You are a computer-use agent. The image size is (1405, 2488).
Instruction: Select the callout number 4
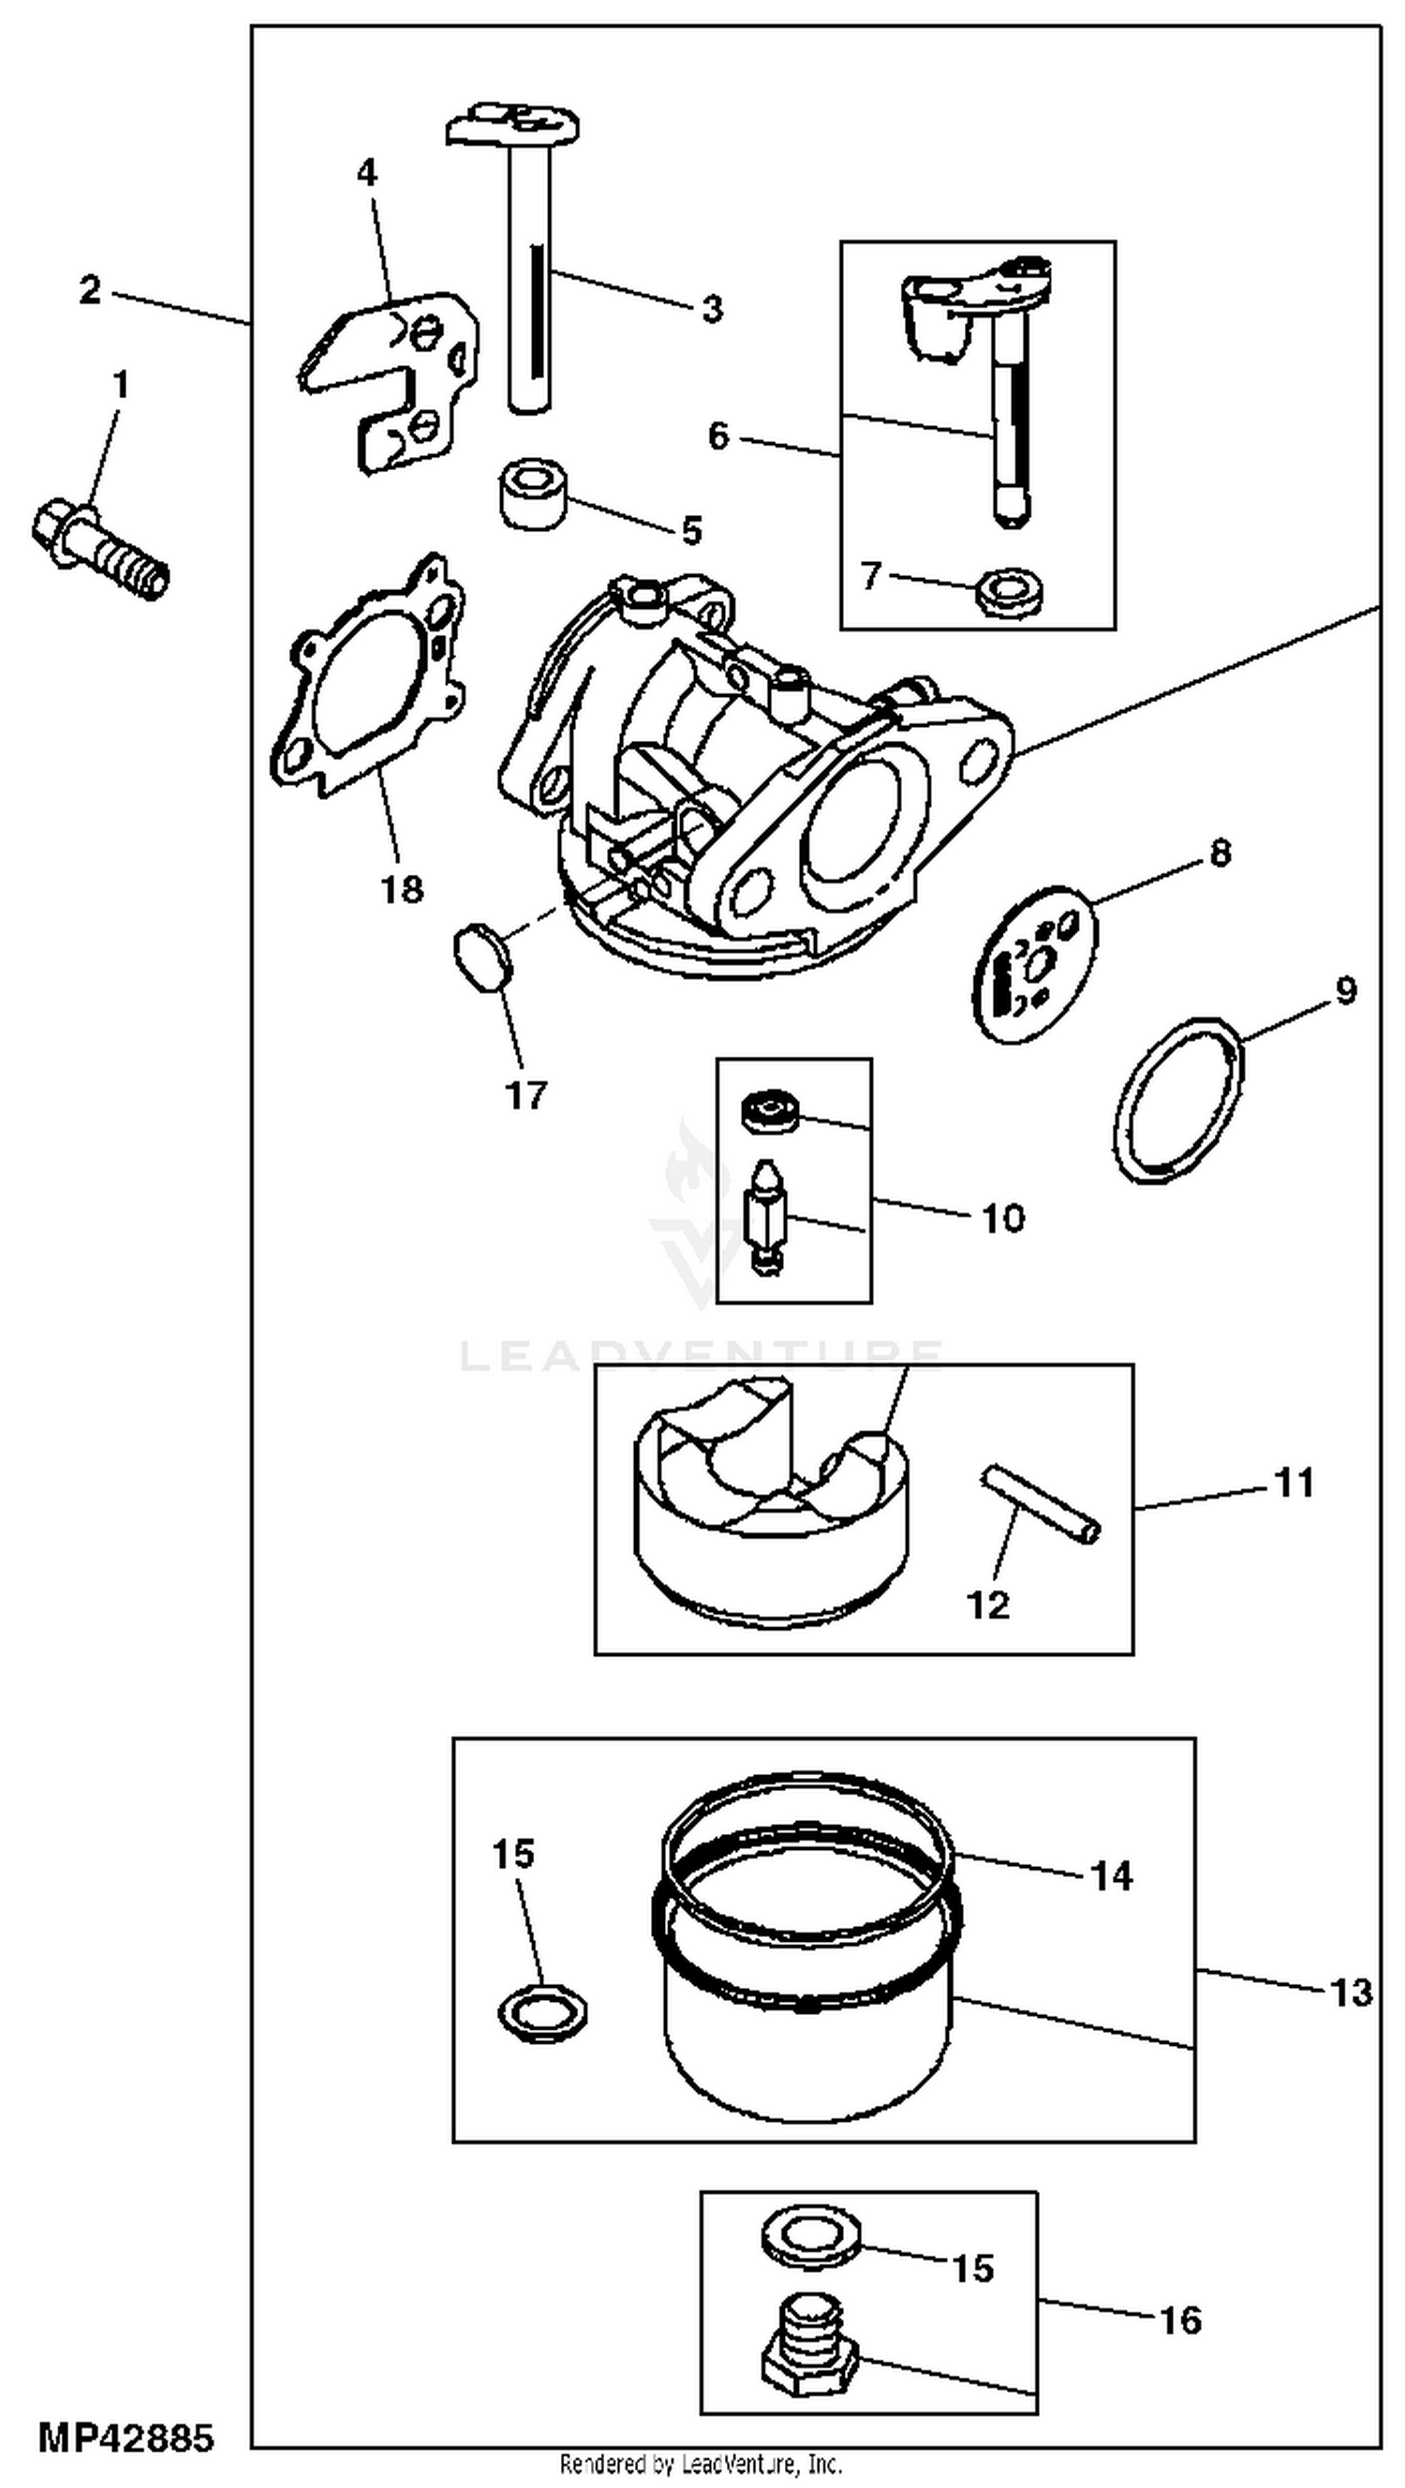coord(367,174)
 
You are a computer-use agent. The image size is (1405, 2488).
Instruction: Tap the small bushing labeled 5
coord(532,496)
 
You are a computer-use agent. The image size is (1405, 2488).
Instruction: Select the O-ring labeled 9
coord(1178,1100)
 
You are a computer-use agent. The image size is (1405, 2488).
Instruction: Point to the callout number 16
coord(1180,2319)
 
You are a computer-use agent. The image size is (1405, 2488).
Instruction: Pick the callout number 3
coord(712,310)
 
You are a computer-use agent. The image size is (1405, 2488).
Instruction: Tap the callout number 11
coord(1294,1483)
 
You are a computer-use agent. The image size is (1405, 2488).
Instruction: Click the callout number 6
coord(717,437)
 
